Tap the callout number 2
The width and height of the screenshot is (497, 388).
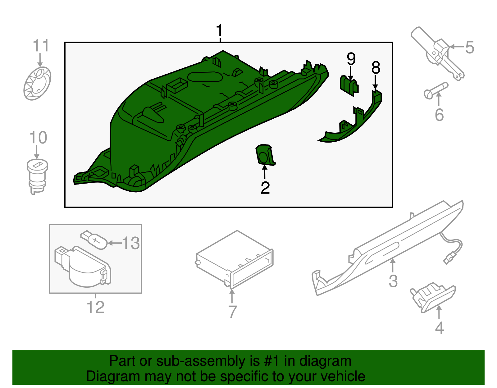[265, 188]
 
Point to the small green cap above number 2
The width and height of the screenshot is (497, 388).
[265, 155]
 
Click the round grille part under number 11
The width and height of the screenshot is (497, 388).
[37, 83]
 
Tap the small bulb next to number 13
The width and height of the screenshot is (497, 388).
[95, 240]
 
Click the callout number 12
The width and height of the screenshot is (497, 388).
[95, 307]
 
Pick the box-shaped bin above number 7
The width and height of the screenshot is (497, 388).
[235, 259]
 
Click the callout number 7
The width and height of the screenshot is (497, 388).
[232, 312]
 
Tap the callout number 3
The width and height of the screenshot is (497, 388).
[393, 281]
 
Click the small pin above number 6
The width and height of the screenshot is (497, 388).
[436, 90]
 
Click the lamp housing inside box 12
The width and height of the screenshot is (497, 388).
[82, 267]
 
